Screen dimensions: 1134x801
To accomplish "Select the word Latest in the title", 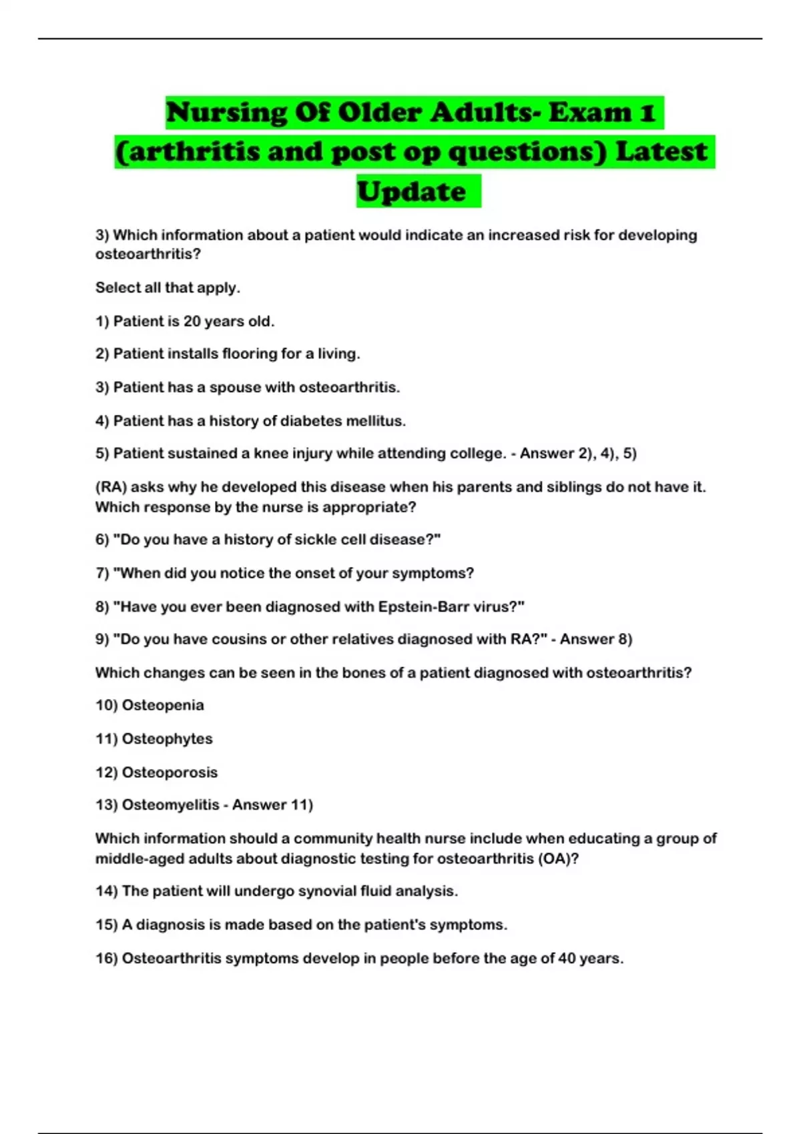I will tap(661, 151).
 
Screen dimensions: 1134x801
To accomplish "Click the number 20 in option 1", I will tap(192, 322).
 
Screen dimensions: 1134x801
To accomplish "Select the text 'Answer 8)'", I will tap(595, 639).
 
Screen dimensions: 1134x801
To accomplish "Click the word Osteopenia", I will tap(163, 705).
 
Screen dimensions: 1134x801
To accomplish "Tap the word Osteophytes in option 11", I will tap(167, 739).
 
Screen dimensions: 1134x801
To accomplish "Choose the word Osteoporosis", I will tap(170, 772).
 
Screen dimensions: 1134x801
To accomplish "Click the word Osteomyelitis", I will tap(170, 805).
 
